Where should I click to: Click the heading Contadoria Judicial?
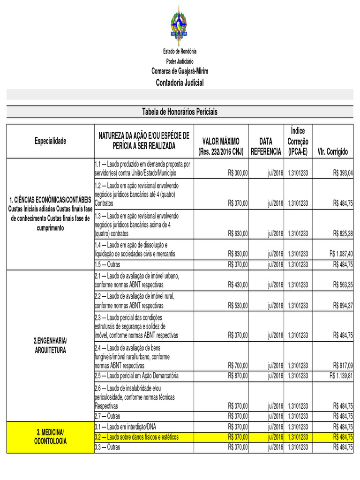pyautogui.click(x=180, y=83)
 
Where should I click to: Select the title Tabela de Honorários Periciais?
pyautogui.click(x=180, y=112)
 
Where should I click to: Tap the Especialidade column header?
pyautogui.click(x=50, y=141)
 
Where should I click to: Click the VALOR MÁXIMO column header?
pyautogui.click(x=221, y=146)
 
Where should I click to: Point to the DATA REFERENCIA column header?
pyautogui.click(x=266, y=146)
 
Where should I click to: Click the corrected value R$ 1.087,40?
pyautogui.click(x=341, y=254)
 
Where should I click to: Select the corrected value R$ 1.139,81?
pyautogui.click(x=341, y=376)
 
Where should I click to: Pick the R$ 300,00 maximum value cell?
pyautogui.click(x=238, y=173)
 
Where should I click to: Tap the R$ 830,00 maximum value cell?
pyautogui.click(x=238, y=254)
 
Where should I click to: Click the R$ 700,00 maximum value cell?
pyautogui.click(x=238, y=366)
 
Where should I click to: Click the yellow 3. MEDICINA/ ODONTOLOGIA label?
pyautogui.click(x=50, y=436)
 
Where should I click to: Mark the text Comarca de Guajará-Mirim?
pyautogui.click(x=180, y=71)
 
